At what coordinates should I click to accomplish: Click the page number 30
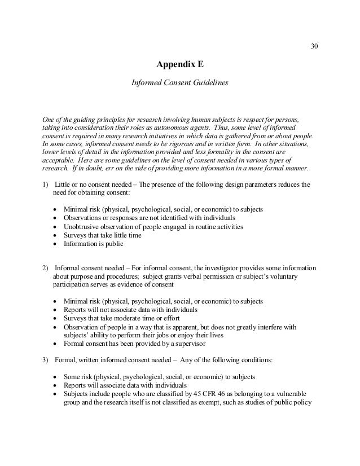(x=314, y=46)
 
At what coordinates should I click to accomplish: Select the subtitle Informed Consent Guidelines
(x=179, y=82)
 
